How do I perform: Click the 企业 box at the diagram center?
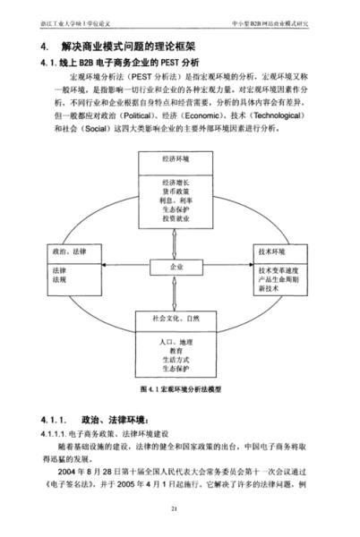[x=179, y=266]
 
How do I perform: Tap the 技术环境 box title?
[x=273, y=251]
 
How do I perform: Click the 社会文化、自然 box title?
[x=179, y=318]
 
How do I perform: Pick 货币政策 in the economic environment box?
[x=179, y=192]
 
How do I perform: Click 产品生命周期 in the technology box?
[x=279, y=279]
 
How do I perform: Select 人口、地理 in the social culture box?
[x=179, y=342]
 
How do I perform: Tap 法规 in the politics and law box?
[x=60, y=280]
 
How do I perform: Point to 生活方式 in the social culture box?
[x=179, y=362]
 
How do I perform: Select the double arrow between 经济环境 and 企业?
[x=179, y=240]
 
